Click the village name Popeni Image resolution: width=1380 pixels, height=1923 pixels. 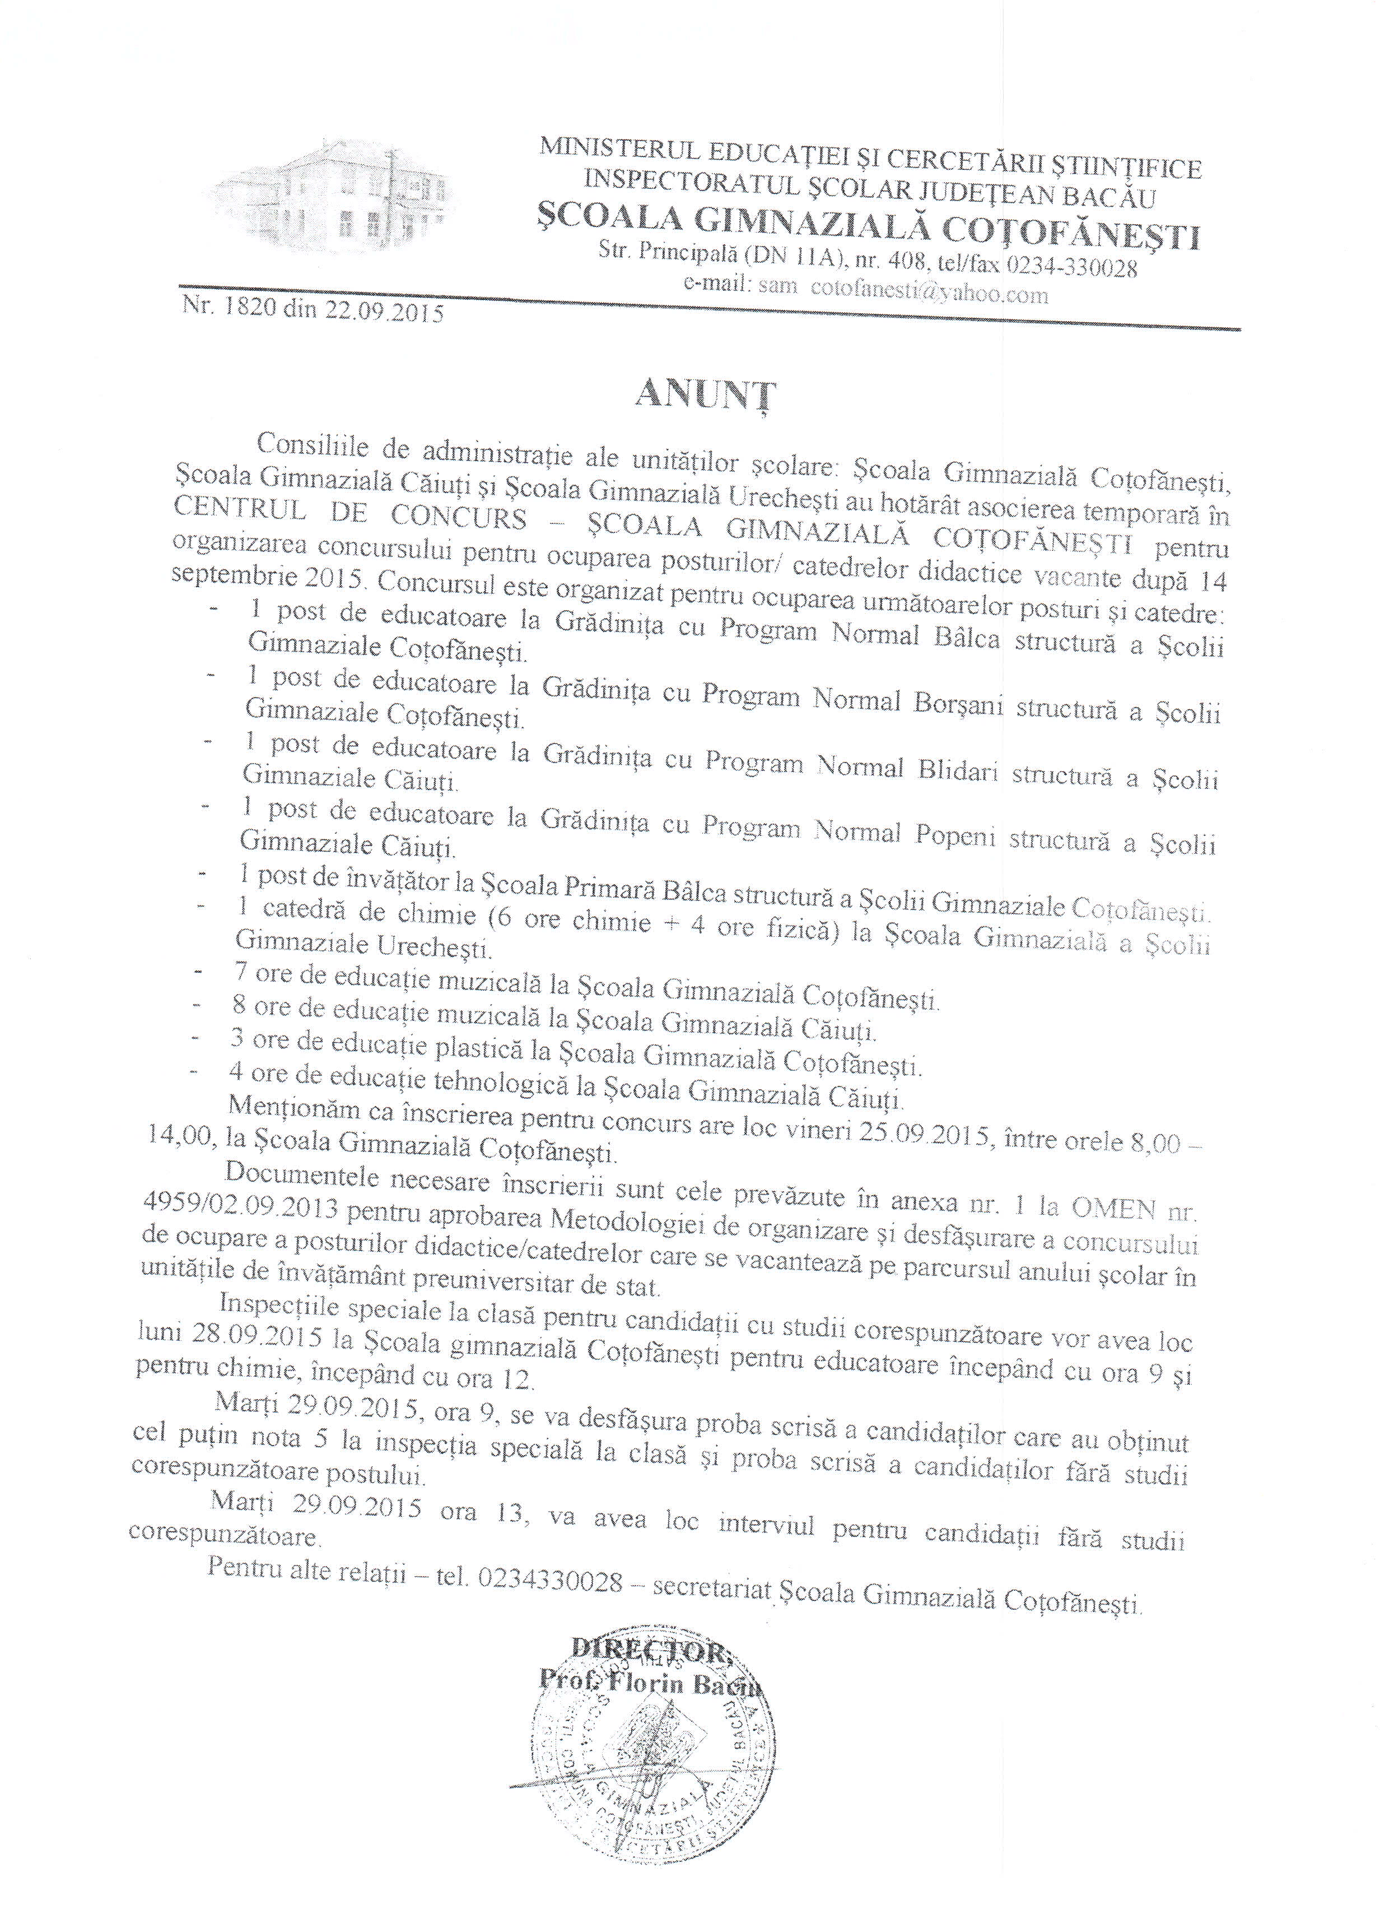coord(955,838)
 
